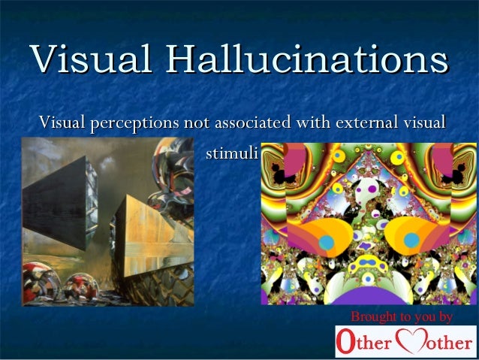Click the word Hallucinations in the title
pos(307,59)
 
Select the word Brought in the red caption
pos(372,316)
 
